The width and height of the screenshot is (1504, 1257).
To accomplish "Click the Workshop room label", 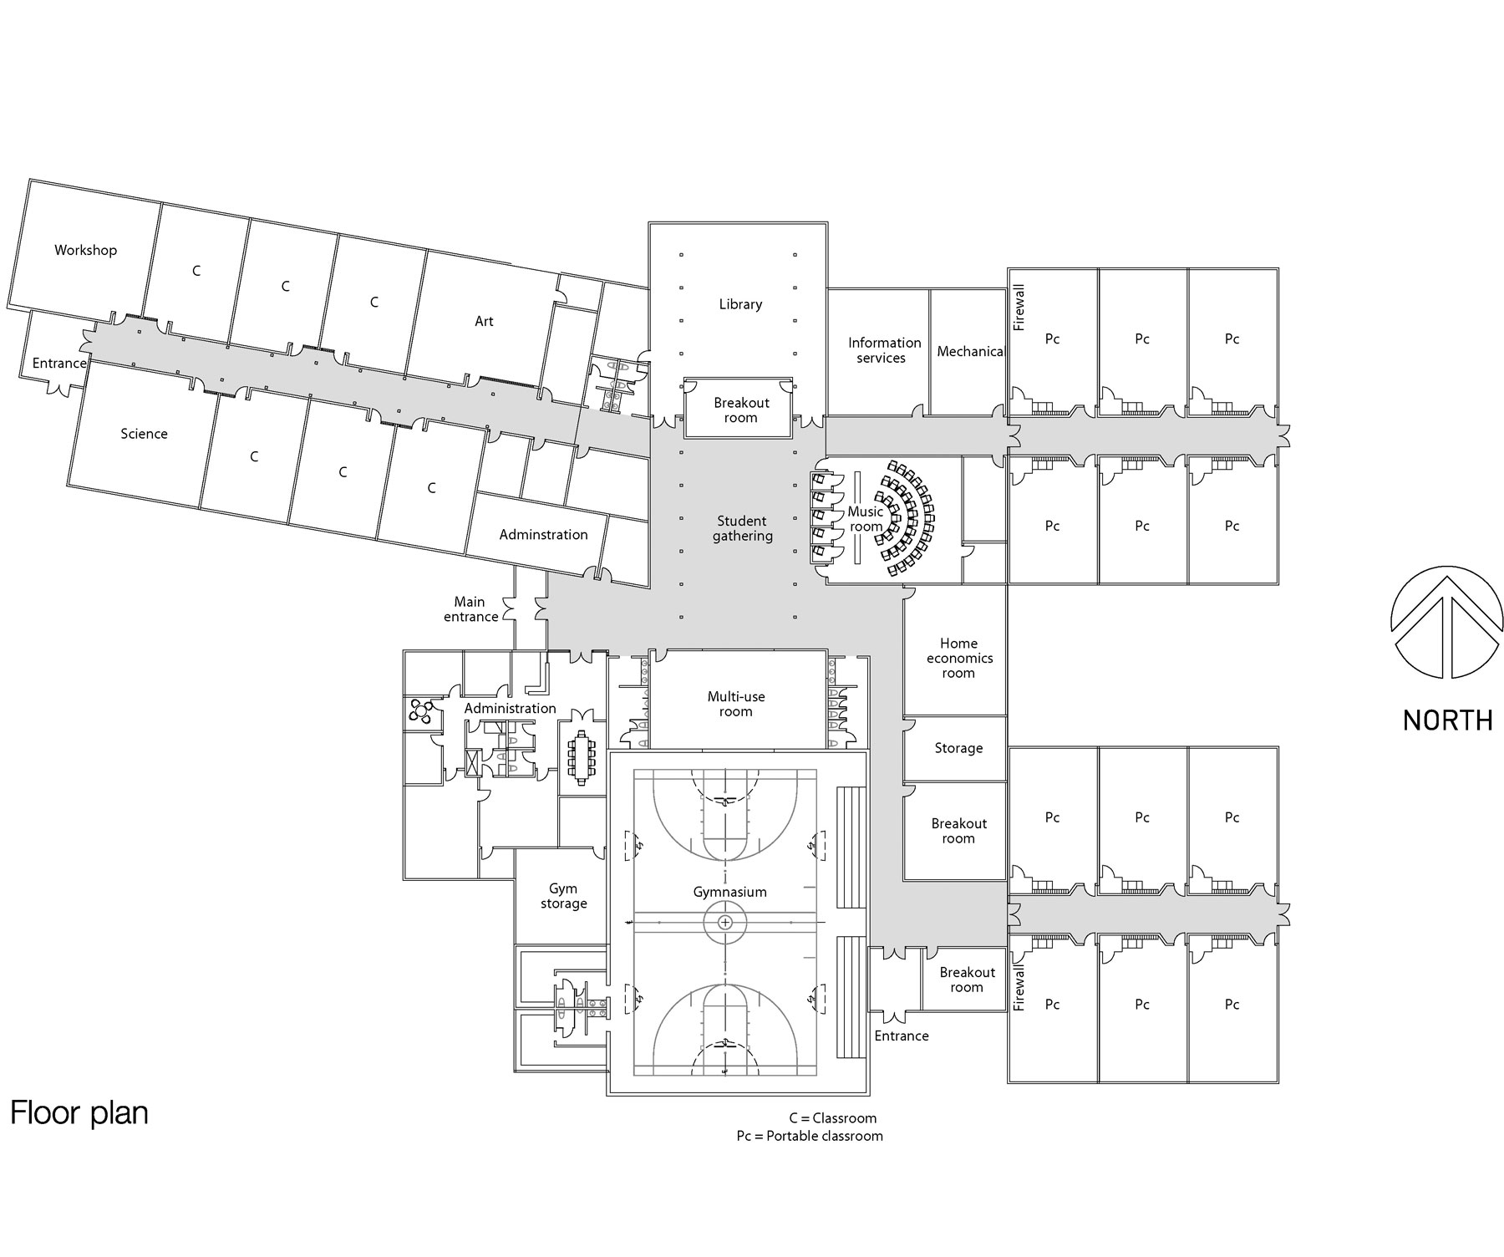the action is pyautogui.click(x=85, y=250).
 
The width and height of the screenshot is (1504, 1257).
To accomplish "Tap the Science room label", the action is pyautogui.click(x=144, y=434).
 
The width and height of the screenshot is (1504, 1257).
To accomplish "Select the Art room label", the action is pyautogui.click(x=484, y=321).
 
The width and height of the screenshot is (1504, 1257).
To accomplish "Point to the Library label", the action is pyautogui.click(x=740, y=304).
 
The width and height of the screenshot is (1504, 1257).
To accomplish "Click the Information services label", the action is pyautogui.click(x=884, y=350).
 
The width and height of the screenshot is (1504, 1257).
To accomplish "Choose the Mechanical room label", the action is pyautogui.click(x=969, y=352).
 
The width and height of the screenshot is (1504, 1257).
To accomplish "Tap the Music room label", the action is pyautogui.click(x=866, y=519).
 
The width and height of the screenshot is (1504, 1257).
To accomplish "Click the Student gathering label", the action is pyautogui.click(x=742, y=529).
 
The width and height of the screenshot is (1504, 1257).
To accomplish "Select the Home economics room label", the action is pyautogui.click(x=958, y=658).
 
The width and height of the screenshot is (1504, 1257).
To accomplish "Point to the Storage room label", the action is pyautogui.click(x=958, y=748).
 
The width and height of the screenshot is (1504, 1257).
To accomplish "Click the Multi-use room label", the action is pyautogui.click(x=736, y=704).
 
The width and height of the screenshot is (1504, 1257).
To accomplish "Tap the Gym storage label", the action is pyautogui.click(x=563, y=896).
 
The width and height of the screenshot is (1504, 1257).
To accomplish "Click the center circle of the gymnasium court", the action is pyautogui.click(x=725, y=923).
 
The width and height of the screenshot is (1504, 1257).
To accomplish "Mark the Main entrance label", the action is pyautogui.click(x=471, y=609).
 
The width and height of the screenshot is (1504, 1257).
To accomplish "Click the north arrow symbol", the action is pyautogui.click(x=1447, y=622).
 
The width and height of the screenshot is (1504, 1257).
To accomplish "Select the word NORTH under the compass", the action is pyautogui.click(x=1447, y=720).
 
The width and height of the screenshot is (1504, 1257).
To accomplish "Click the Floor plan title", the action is pyautogui.click(x=79, y=1113).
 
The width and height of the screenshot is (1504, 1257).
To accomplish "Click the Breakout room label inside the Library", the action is pyautogui.click(x=741, y=410).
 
